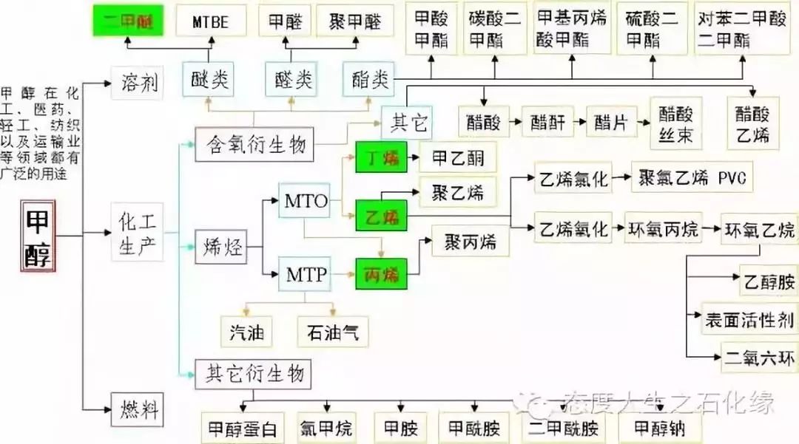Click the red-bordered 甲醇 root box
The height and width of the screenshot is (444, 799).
click(x=38, y=236)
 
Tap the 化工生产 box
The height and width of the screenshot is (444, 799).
click(x=138, y=232)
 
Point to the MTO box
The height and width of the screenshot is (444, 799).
click(x=305, y=200)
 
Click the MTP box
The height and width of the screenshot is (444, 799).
click(x=305, y=276)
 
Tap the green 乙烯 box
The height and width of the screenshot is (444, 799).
click(x=381, y=216)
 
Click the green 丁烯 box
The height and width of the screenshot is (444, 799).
click(x=381, y=158)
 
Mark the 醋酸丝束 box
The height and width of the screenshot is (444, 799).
click(x=675, y=123)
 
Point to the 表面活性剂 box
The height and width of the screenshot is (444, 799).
click(x=749, y=319)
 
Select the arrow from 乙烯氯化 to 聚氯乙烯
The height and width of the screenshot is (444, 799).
click(x=623, y=179)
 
